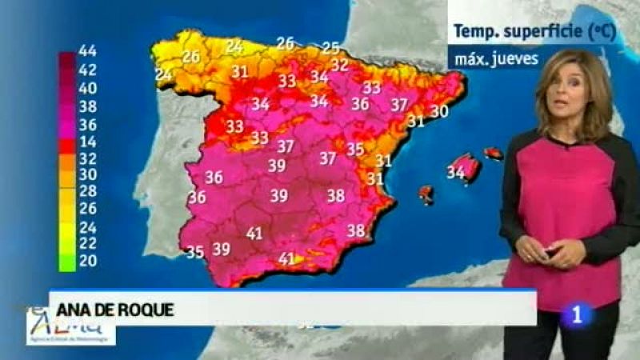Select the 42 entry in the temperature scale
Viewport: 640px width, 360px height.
point(87,70)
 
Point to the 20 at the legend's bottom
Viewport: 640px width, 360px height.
point(87,262)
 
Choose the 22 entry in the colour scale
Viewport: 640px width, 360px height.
point(87,243)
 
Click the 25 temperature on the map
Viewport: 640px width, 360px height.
point(330,48)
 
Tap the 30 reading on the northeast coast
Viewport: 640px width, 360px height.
point(438,112)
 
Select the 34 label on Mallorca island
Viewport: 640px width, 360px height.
point(456,171)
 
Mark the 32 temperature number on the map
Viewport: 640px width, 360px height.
point(340,66)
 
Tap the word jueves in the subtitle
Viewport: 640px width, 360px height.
point(516,58)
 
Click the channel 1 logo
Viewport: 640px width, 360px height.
point(577,314)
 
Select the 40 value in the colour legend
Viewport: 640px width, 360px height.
point(87,88)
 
